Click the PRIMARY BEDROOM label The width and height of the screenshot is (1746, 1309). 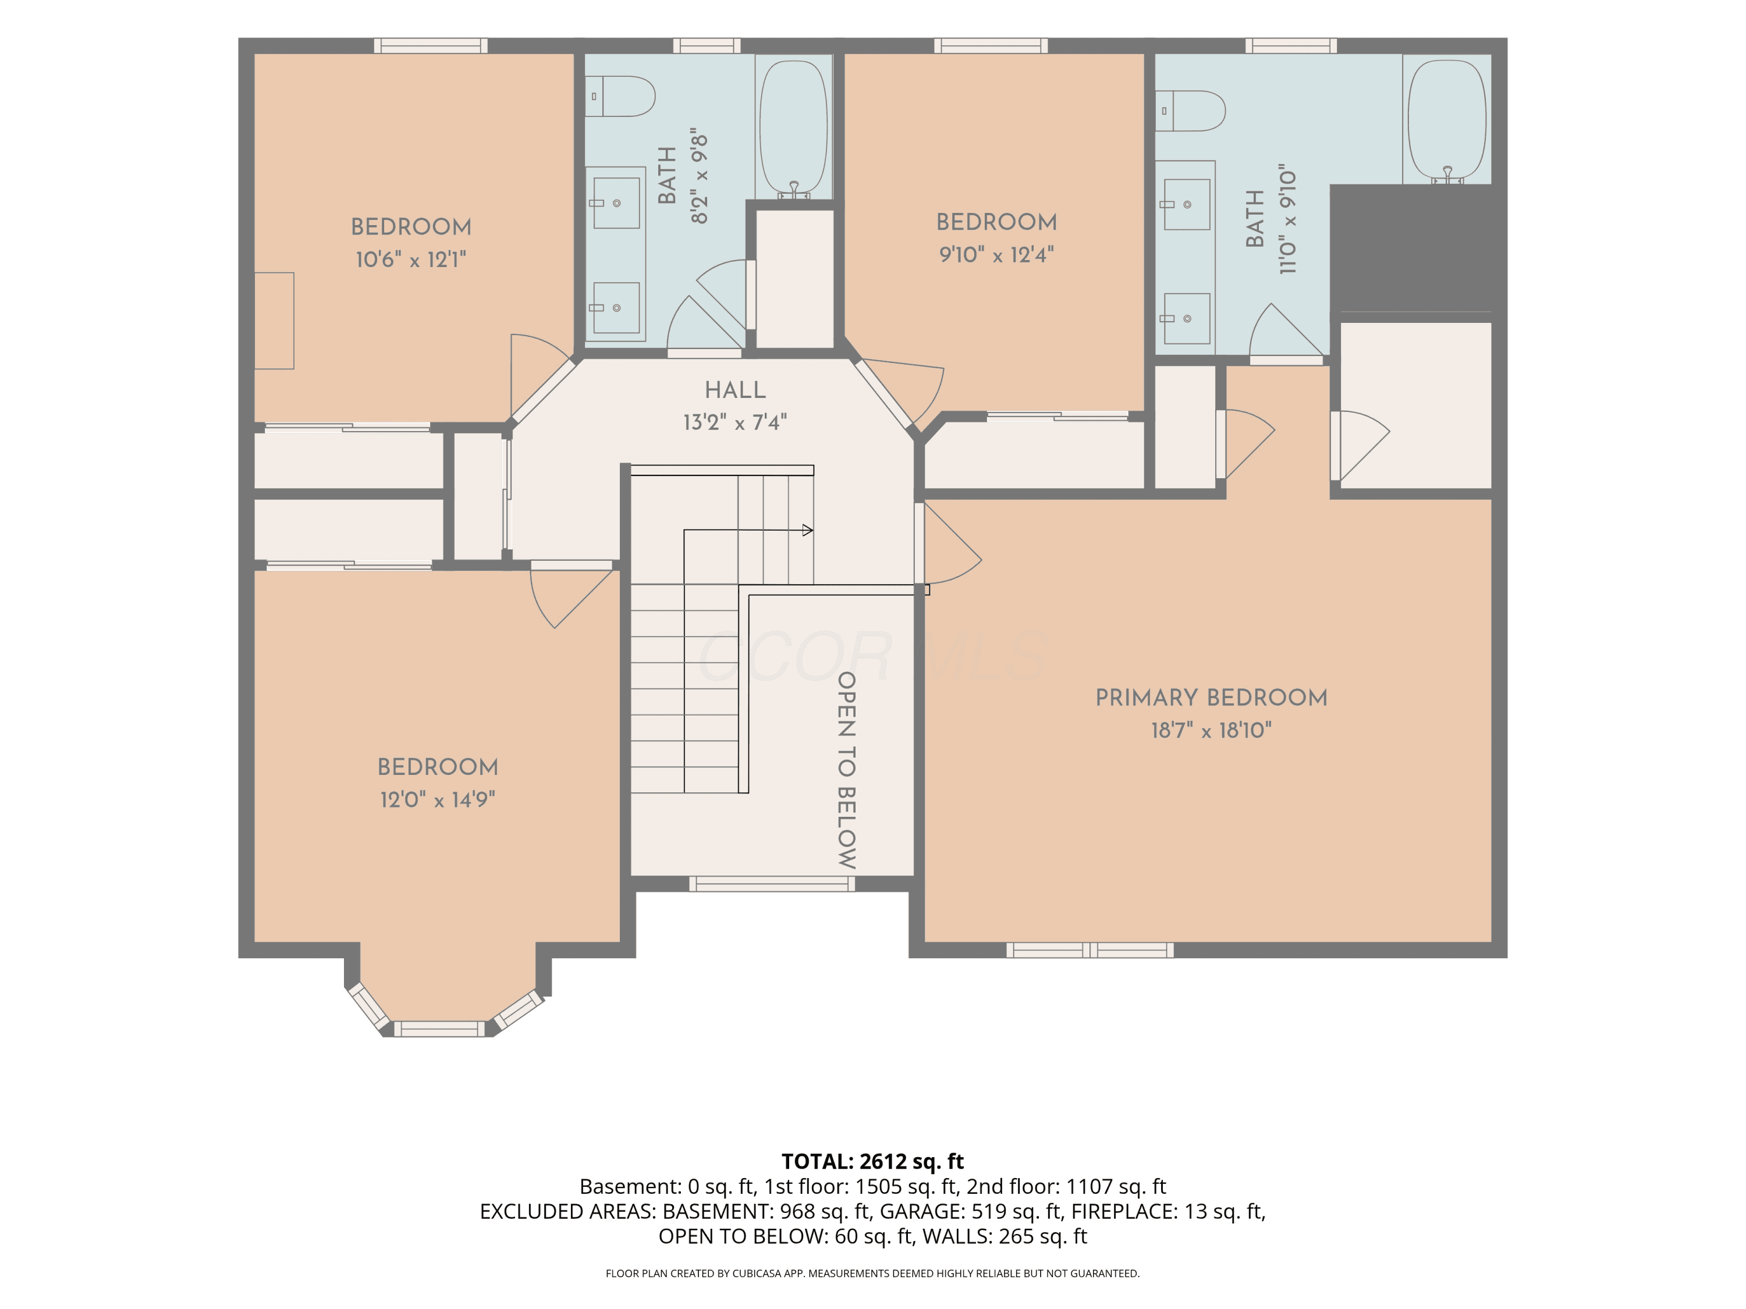(x=1211, y=698)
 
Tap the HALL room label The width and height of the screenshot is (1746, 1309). (x=735, y=390)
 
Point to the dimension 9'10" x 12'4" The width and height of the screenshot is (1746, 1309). (x=997, y=254)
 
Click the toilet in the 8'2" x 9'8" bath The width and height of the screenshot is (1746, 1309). (x=620, y=96)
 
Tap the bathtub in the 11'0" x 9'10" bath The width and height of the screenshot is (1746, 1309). (x=1447, y=122)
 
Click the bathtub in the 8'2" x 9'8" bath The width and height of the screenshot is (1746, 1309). (x=794, y=128)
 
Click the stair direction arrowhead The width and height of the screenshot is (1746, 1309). (x=807, y=530)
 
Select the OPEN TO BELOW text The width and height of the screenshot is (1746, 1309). (x=847, y=770)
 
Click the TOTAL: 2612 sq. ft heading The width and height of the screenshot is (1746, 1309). (x=872, y=1161)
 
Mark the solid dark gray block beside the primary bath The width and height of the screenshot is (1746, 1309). (x=1411, y=248)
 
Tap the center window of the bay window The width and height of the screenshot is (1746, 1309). (x=439, y=1029)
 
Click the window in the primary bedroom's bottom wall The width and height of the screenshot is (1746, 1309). (x=1090, y=950)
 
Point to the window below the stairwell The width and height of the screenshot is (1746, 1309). (x=772, y=884)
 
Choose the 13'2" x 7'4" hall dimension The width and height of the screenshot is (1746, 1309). (x=735, y=422)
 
